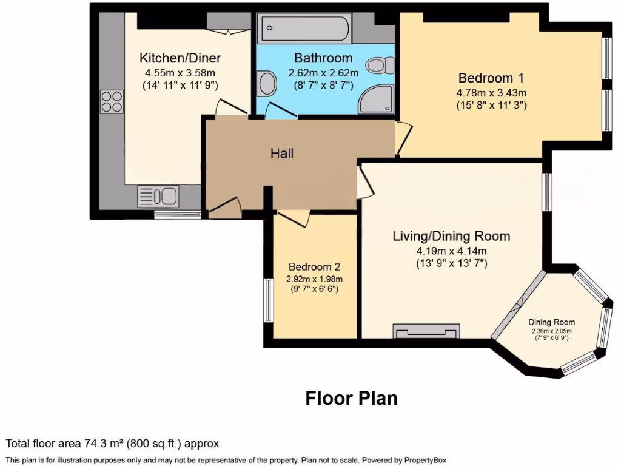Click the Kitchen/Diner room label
click(180, 58)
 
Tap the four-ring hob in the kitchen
click(112, 101)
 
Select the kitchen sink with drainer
click(158, 196)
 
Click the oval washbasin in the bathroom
click(266, 84)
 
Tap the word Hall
click(282, 154)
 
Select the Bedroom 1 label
click(491, 78)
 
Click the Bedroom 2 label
click(314, 267)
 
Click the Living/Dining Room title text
click(451, 237)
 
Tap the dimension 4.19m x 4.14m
click(451, 251)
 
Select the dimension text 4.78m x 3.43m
click(491, 93)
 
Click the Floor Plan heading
click(351, 398)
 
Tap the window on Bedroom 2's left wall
click(266, 300)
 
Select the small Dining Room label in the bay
click(551, 322)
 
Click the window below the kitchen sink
click(177, 214)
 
